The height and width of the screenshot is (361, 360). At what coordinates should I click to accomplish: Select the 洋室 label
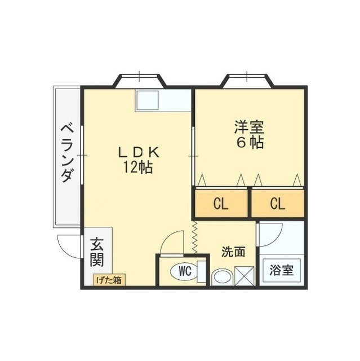coord(249,127)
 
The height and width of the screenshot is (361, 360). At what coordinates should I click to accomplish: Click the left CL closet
coord(221,204)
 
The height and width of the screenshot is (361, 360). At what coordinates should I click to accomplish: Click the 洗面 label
coord(233,252)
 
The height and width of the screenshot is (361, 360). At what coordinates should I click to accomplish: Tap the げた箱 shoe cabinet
coord(109,279)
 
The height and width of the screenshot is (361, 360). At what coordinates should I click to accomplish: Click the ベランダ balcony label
coord(66,153)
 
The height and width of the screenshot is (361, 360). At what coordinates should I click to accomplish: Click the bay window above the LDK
coord(139,80)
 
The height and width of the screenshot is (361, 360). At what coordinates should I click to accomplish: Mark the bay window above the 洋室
coord(248,80)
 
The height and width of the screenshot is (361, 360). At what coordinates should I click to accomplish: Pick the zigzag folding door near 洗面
coord(195,237)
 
